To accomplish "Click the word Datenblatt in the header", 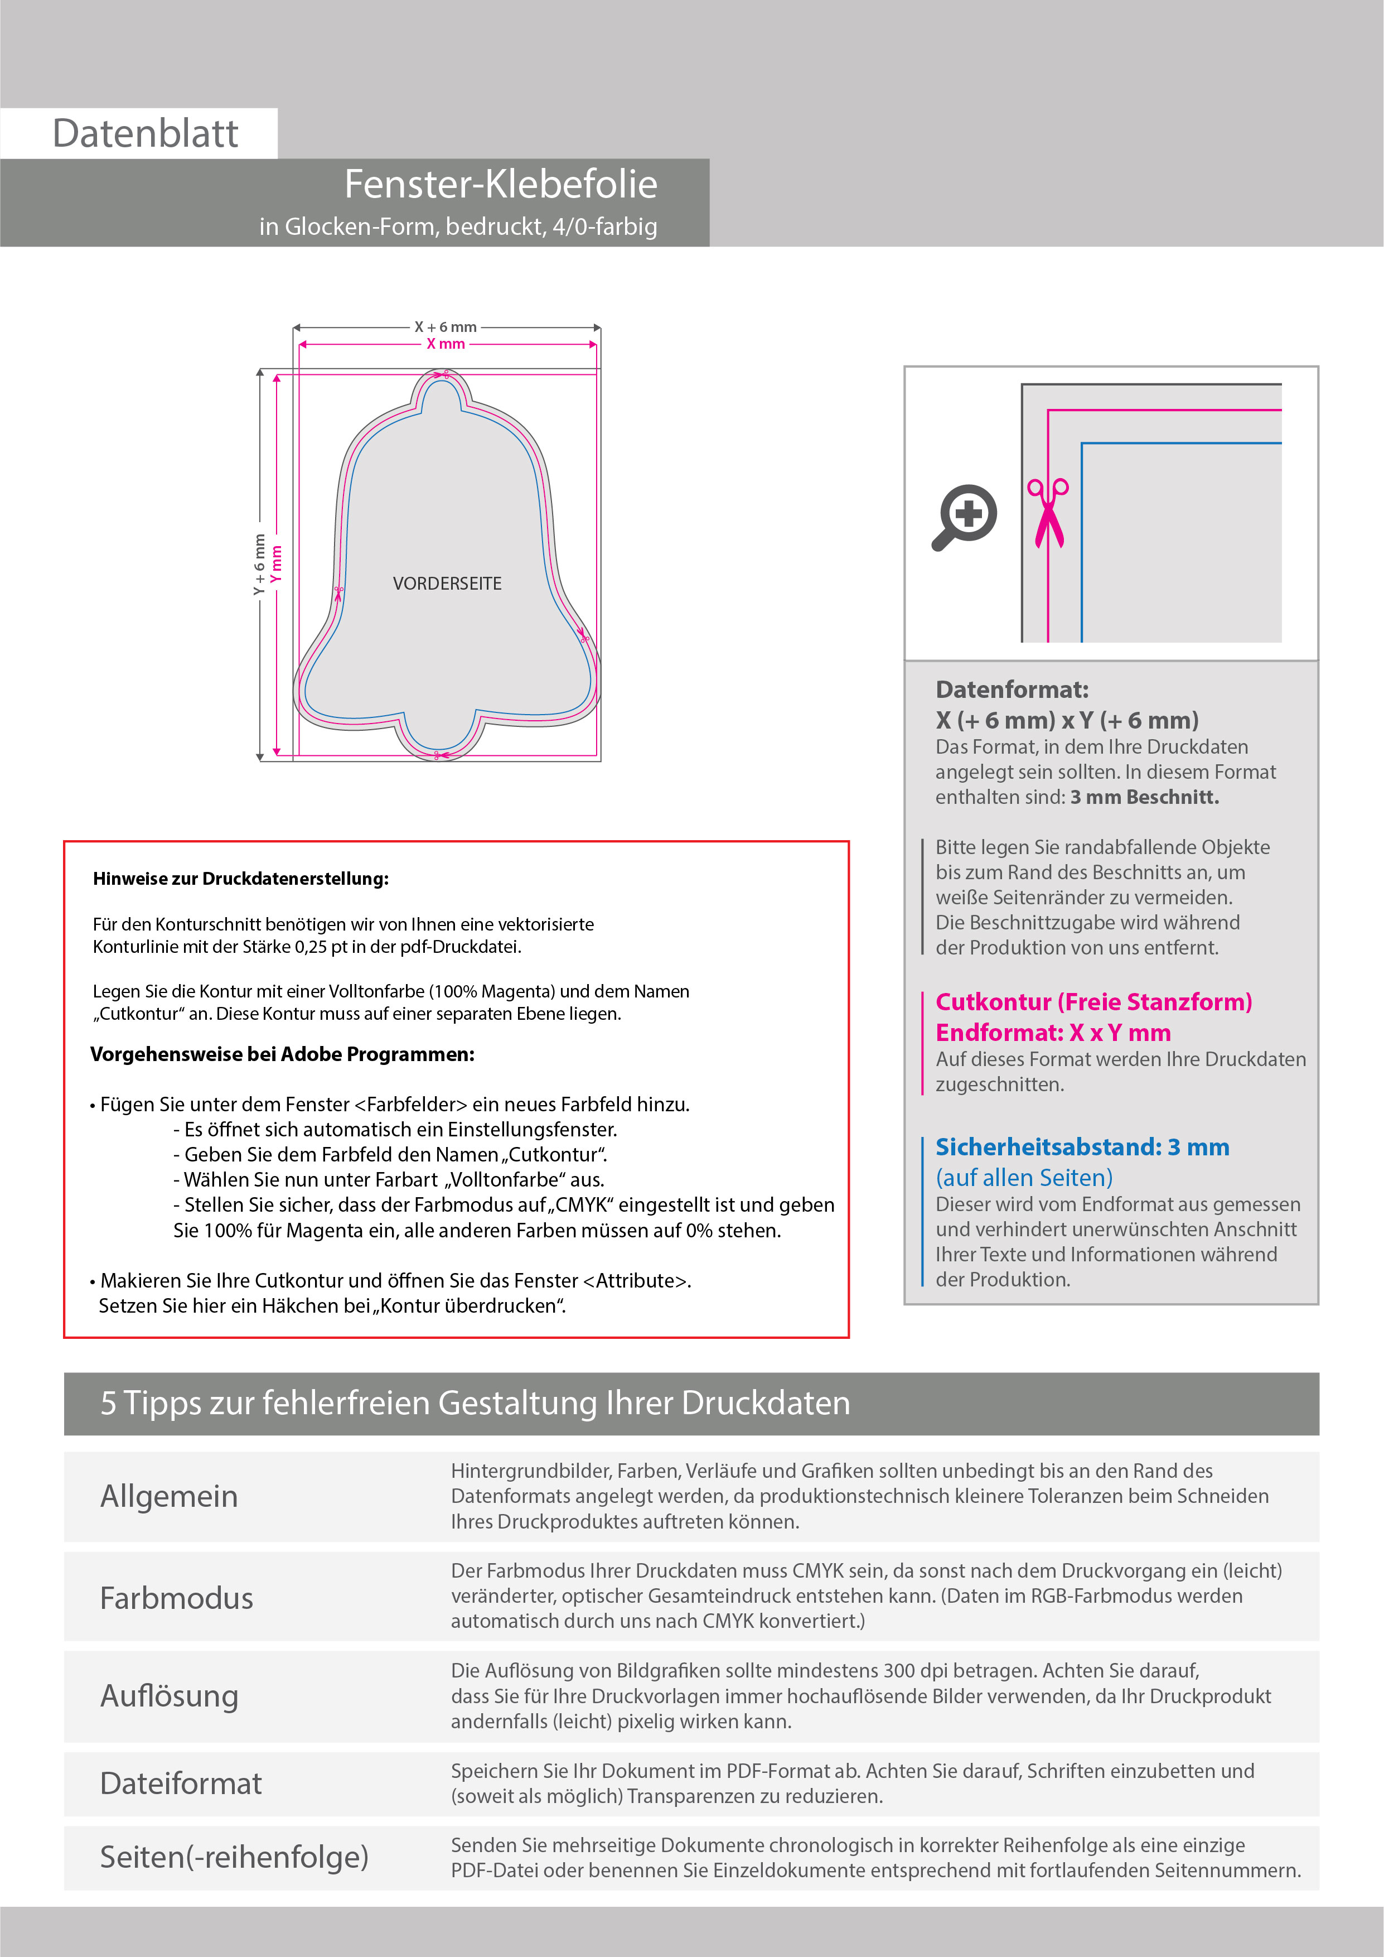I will coord(145,134).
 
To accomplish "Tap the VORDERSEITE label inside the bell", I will coord(447,584).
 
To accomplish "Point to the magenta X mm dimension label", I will coord(446,344).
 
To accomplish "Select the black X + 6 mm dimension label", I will coord(446,327).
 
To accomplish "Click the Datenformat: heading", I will coord(1012,690).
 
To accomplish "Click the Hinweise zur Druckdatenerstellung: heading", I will coord(240,879).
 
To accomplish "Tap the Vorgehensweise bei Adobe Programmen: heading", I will coord(282,1054).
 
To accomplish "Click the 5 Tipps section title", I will coord(475,1403).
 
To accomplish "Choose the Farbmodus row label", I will coord(176,1598).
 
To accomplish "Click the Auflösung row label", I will coord(169,1696).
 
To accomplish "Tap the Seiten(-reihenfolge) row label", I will coord(234,1857).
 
